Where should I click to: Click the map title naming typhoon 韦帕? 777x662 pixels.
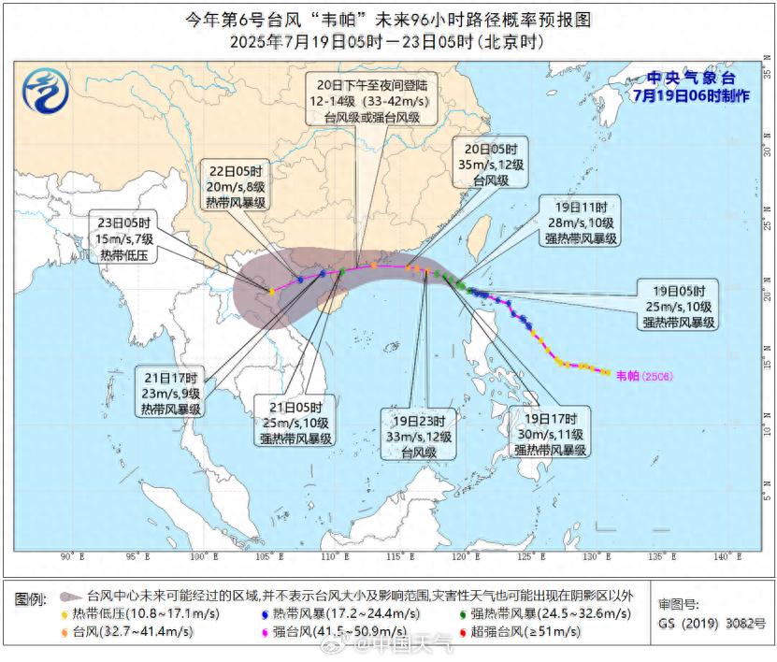click(x=388, y=19)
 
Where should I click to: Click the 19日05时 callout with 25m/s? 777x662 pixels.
click(x=678, y=305)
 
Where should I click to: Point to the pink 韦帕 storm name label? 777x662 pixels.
click(x=639, y=375)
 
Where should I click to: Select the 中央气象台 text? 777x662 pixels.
click(x=693, y=78)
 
